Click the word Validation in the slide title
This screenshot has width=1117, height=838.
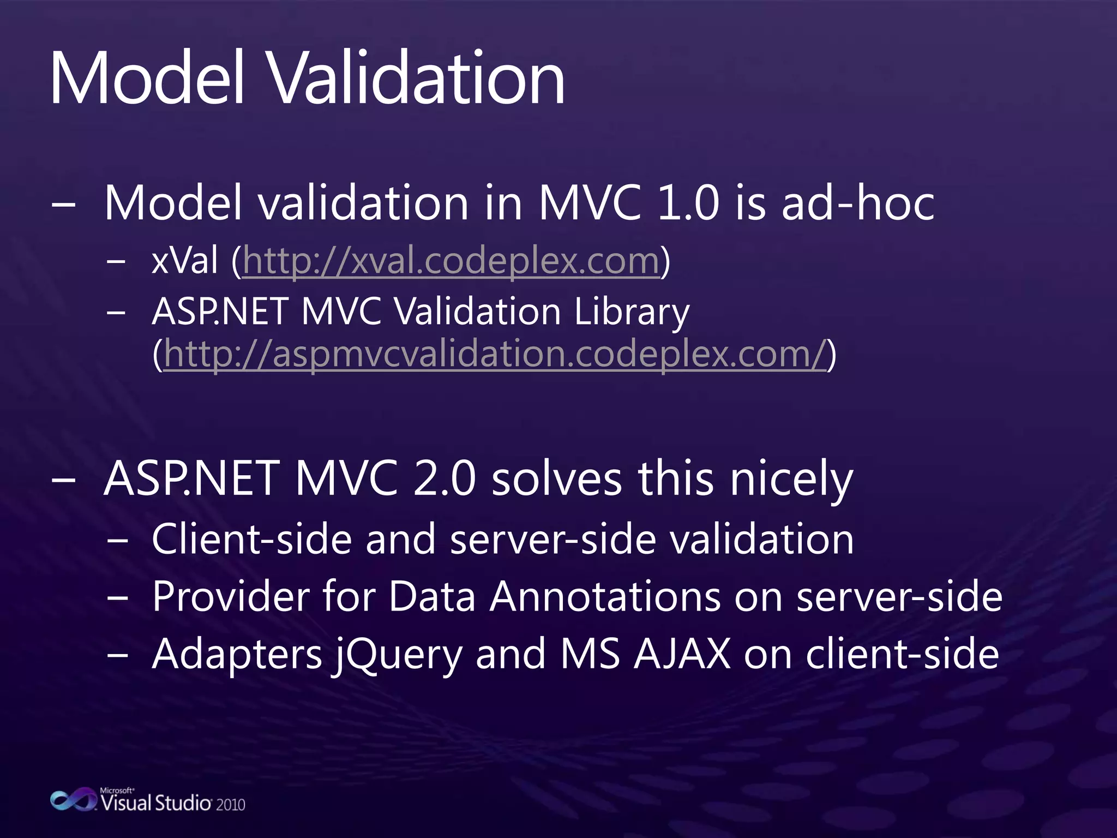tap(417, 79)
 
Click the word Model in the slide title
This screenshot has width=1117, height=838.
tap(146, 79)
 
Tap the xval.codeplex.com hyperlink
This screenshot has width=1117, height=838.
tap(451, 261)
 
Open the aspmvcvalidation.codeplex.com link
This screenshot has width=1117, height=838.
tap(495, 355)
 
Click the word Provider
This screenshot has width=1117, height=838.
tap(231, 596)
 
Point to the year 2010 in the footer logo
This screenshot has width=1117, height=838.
tap(231, 805)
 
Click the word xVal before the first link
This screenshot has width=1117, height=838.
tap(185, 261)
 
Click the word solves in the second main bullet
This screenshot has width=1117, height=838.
tap(556, 479)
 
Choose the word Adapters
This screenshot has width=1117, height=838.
tap(237, 655)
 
